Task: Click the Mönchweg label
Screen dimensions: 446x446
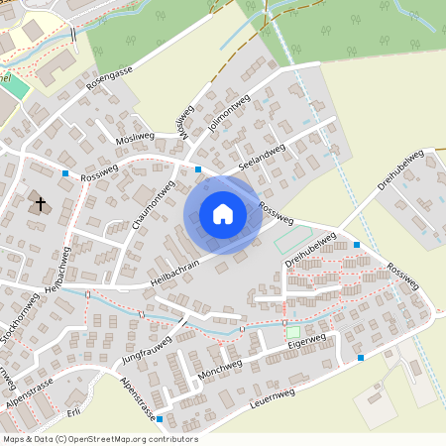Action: click(220, 369)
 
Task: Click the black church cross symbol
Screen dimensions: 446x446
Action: click(41, 204)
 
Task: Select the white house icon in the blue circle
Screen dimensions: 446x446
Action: click(223, 214)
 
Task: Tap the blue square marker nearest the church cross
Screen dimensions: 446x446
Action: click(65, 173)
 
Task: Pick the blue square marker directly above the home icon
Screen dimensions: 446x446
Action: click(198, 169)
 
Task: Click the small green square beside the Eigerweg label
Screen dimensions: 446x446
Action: click(292, 331)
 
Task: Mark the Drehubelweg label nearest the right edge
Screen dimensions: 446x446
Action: click(401, 170)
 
